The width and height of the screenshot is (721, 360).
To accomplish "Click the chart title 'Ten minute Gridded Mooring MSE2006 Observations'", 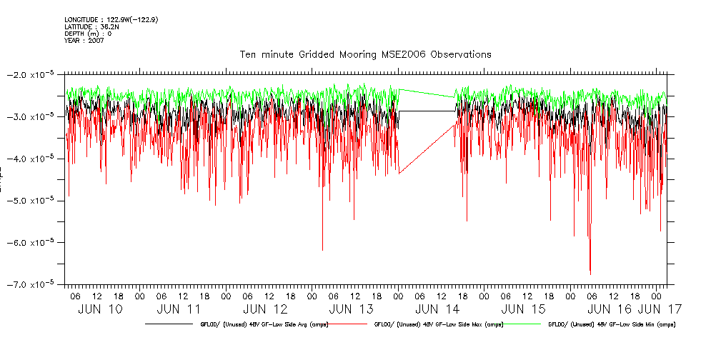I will tap(365, 54).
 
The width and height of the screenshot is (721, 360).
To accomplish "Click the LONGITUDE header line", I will tap(111, 19).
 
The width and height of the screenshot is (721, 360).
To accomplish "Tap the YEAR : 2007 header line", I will tap(84, 41).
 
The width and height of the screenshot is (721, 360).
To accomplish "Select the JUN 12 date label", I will tap(265, 309).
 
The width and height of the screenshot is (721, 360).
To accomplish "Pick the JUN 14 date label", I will tap(437, 309).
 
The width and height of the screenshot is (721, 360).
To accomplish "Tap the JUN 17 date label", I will tap(658, 309).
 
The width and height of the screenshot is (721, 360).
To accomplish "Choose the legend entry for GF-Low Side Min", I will tap(612, 324).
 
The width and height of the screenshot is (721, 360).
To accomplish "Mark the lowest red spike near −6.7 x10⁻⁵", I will tap(590, 271).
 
